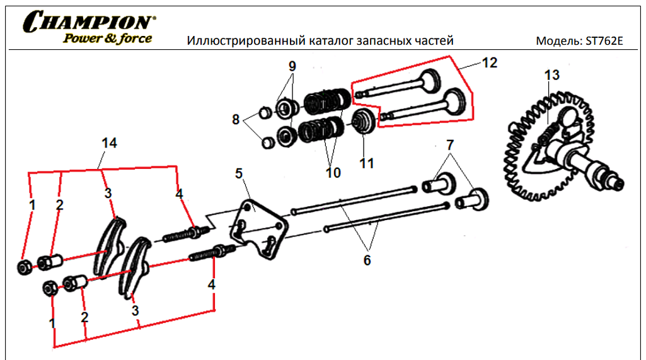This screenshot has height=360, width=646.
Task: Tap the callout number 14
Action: coord(109,143)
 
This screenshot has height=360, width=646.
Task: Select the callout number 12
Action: coord(489,63)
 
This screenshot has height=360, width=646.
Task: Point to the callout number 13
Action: coord(551,76)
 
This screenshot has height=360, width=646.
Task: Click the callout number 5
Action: coord(239,173)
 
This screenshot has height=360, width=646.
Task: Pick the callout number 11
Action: coord(366,163)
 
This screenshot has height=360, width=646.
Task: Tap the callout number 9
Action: coord(292,67)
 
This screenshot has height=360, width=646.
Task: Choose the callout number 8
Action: coord(236,119)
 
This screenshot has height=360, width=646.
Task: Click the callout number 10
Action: coord(332,171)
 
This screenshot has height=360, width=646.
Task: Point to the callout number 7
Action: coord(449,144)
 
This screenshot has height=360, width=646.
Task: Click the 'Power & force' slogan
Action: coord(107,38)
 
